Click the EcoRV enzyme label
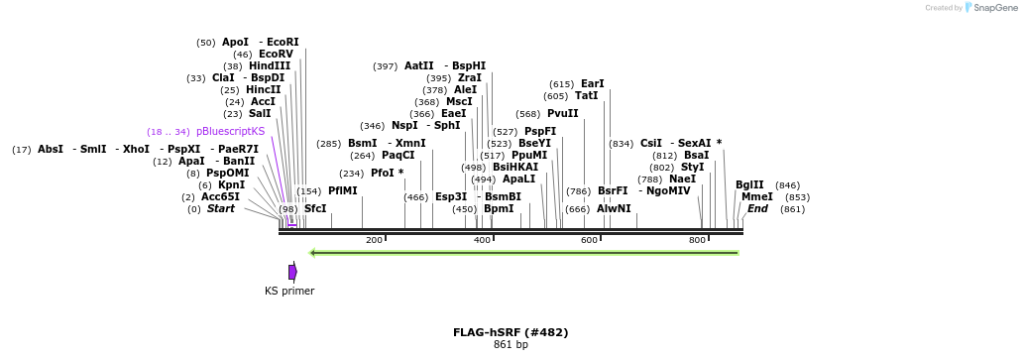coord(277,54)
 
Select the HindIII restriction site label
coord(270,65)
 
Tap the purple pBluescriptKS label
coord(230,131)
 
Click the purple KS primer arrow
coord(292,272)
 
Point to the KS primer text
coord(289,291)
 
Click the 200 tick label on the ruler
coord(374,240)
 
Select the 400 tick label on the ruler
coord(482,240)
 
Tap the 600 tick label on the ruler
coord(589,240)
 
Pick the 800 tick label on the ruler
coord(696,240)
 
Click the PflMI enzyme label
coord(343,190)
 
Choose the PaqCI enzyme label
coord(397,155)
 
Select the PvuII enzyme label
coord(562,113)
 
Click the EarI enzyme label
coord(592,83)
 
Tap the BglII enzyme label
coord(749,184)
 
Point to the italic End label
coord(757,208)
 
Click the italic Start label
coord(221,208)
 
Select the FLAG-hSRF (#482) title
coord(511,332)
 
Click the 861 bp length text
coord(511,344)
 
